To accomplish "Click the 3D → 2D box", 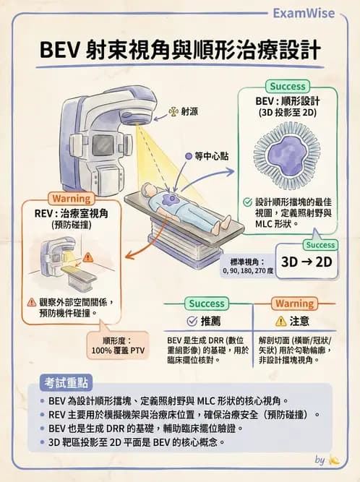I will (x=306, y=262).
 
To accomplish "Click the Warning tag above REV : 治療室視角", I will (x=70, y=199).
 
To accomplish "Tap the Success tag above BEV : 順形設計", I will (x=287, y=87).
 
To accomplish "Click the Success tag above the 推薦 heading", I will (x=206, y=304).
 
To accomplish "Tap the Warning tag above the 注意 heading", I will (x=293, y=304).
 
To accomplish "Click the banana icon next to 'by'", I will (x=333, y=460).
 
